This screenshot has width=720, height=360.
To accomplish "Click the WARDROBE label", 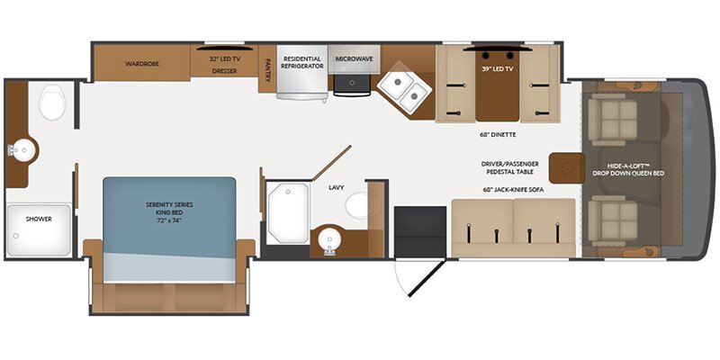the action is point(142,64).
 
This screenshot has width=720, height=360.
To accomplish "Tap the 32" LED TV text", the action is point(224,58).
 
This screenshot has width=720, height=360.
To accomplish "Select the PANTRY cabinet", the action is point(267,69).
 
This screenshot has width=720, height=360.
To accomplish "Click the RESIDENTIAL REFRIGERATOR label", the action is point(303,62).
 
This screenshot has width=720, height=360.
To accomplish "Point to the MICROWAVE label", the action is point(354,58).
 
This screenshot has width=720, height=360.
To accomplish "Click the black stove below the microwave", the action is point(352,85).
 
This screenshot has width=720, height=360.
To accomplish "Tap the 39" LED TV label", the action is point(498,69).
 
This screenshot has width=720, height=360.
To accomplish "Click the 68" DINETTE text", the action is point(498,135).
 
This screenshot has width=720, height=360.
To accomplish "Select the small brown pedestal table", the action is point(567,168).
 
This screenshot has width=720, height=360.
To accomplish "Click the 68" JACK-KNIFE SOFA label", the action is point(512,189).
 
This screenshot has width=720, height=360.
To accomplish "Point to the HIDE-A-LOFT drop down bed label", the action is point(628,169).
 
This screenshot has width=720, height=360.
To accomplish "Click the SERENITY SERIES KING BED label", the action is point(169,211).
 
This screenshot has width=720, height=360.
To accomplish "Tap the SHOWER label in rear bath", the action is point(39,219).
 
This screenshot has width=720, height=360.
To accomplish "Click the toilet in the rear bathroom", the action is point(52,102).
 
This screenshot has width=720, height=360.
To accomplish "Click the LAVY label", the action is point(336,187).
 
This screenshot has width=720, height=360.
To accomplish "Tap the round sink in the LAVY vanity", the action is point(329,239).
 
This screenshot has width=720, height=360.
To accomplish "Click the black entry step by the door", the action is point(420,232).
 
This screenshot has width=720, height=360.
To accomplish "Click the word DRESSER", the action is point(224,71).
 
